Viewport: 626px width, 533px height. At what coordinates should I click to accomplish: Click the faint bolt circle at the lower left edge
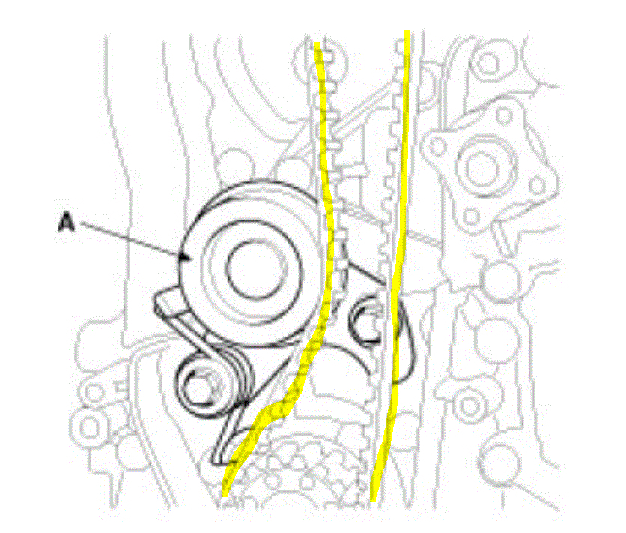coord(91,427)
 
